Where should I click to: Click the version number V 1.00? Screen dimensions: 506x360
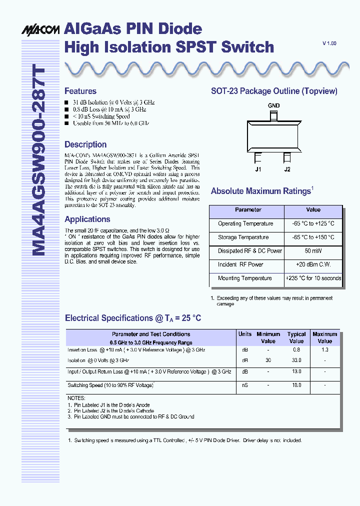pos(329,44)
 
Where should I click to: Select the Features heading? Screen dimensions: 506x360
pos(80,91)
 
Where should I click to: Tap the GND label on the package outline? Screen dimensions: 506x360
pos(273,105)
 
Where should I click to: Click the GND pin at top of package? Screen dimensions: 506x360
pos(273,116)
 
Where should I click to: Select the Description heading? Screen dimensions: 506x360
pos(85,144)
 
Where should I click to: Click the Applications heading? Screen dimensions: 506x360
pos(87,219)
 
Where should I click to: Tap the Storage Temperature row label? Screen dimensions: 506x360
pos(243,237)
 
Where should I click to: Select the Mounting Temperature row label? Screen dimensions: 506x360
pos(244,278)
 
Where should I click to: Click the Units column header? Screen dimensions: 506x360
pos(245,334)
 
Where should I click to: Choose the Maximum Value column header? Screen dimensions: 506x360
pos(325,337)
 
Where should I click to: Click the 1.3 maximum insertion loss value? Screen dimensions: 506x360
pos(325,350)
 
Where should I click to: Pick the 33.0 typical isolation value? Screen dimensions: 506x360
pos(296,360)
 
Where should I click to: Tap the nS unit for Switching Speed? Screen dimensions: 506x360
pos(245,385)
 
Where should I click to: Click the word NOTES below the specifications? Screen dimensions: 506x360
pos(76,398)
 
